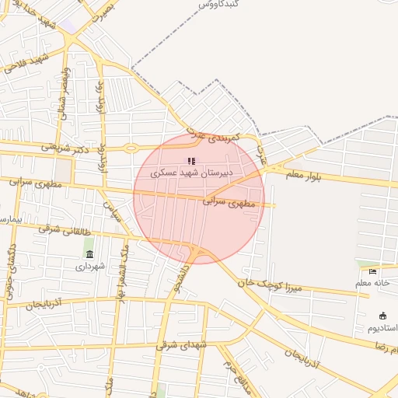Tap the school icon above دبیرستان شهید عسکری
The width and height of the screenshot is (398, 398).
point(192,161)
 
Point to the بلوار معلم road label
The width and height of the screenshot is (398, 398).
point(302,176)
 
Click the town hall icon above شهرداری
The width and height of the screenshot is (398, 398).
point(89,254)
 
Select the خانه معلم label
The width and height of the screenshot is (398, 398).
point(372,283)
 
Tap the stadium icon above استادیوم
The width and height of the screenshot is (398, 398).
point(382,316)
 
